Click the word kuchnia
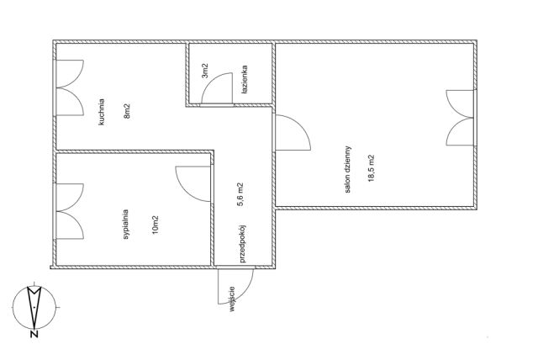(x=102, y=112)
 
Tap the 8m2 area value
(x=127, y=111)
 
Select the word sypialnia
(x=126, y=224)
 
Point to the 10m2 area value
(x=155, y=225)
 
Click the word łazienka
(x=244, y=80)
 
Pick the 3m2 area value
(x=205, y=71)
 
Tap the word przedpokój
(x=243, y=243)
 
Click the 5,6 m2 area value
(x=241, y=194)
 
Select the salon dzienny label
(x=348, y=169)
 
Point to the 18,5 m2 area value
(x=372, y=168)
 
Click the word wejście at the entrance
(x=232, y=299)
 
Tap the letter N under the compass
(x=34, y=334)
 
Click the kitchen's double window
(x=69, y=87)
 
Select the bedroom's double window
(x=69, y=211)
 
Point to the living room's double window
(x=460, y=118)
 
